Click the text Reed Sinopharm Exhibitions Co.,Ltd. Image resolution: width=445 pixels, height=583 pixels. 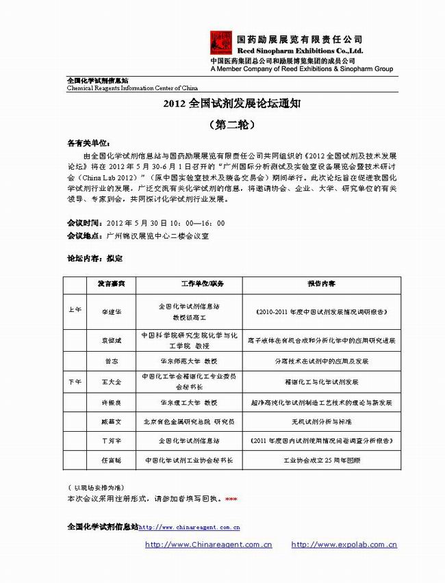point(300,51)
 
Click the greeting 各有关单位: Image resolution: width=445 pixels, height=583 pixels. point(88,144)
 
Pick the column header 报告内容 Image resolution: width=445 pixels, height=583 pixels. point(321,283)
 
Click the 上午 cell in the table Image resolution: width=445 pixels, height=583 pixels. point(75,309)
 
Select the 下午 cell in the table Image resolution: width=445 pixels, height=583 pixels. point(75,380)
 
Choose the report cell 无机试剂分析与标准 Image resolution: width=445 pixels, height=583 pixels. point(321,422)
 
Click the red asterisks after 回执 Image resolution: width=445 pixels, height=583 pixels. point(231,500)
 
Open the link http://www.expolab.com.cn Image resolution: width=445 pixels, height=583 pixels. point(344,545)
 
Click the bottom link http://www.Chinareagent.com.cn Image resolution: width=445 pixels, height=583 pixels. point(209,545)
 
